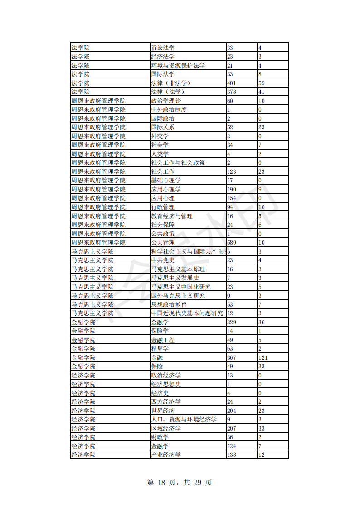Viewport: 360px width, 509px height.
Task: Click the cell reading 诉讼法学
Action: click(163, 48)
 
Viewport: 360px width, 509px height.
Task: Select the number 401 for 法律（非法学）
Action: click(232, 83)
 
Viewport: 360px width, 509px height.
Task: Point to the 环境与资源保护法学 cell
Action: click(178, 65)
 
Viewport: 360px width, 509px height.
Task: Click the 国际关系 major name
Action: click(163, 127)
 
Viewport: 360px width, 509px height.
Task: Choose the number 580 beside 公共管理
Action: click(232, 243)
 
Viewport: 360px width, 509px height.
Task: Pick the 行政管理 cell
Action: click(163, 207)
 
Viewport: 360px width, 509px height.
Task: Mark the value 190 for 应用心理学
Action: click(232, 189)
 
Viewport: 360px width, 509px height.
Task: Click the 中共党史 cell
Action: click(163, 260)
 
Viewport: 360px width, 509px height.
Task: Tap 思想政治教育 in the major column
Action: click(169, 304)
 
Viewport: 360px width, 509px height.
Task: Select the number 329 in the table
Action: click(232, 322)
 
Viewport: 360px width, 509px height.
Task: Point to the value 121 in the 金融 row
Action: click(263, 357)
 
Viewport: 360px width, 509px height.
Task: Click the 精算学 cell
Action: click(160, 349)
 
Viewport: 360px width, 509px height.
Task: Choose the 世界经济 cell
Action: click(163, 411)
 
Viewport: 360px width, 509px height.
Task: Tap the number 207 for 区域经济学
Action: click(232, 428)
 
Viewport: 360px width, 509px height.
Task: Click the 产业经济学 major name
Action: click(166, 455)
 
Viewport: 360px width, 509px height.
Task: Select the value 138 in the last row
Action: click(232, 455)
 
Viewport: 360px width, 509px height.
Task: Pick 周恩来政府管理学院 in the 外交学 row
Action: click(98, 136)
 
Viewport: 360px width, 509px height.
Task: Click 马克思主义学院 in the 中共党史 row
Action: click(92, 260)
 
